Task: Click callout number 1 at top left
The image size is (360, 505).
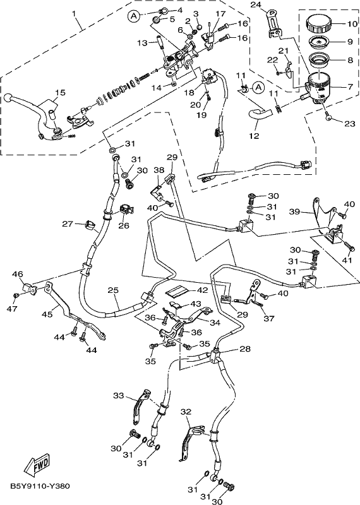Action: pos(74,14)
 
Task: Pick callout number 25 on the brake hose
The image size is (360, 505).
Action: pos(113,290)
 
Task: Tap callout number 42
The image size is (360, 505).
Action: pos(202,290)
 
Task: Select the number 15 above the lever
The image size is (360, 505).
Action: pos(60,93)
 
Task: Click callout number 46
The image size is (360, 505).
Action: pos(18,275)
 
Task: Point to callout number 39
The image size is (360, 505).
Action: pos(294,211)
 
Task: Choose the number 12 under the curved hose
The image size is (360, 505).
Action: pos(255,136)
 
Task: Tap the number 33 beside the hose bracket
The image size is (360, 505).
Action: pos(119,395)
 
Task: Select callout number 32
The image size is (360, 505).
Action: pos(186,412)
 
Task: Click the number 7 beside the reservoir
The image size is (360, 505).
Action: pos(350,86)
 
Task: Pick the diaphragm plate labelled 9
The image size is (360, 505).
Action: pos(319,42)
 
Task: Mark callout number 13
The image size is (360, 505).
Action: pos(142,43)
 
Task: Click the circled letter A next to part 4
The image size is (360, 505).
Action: pos(134,16)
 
